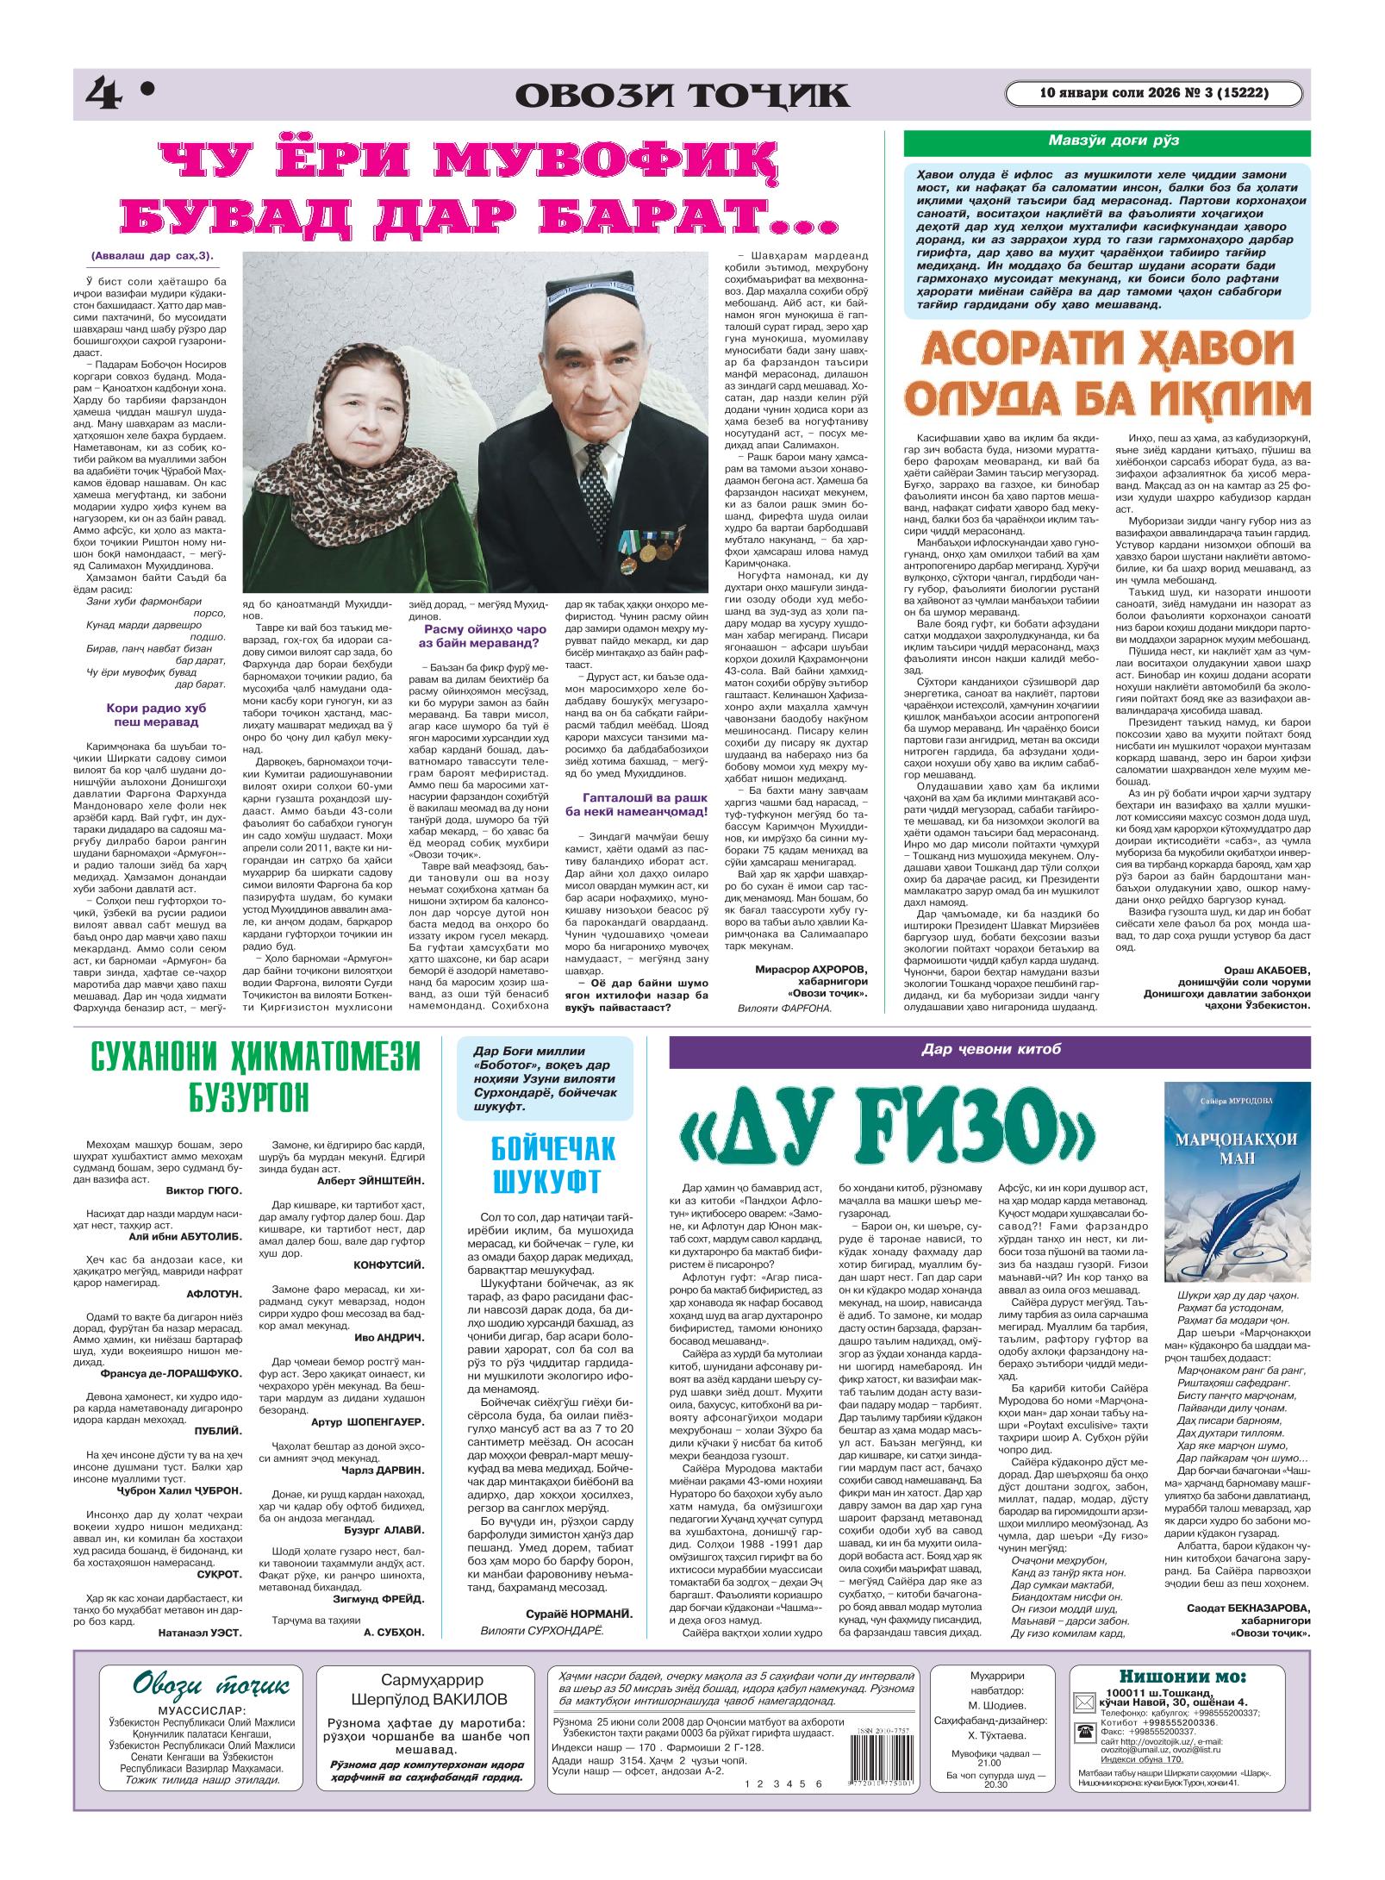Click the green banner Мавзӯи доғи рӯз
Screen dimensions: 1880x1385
1107,141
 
